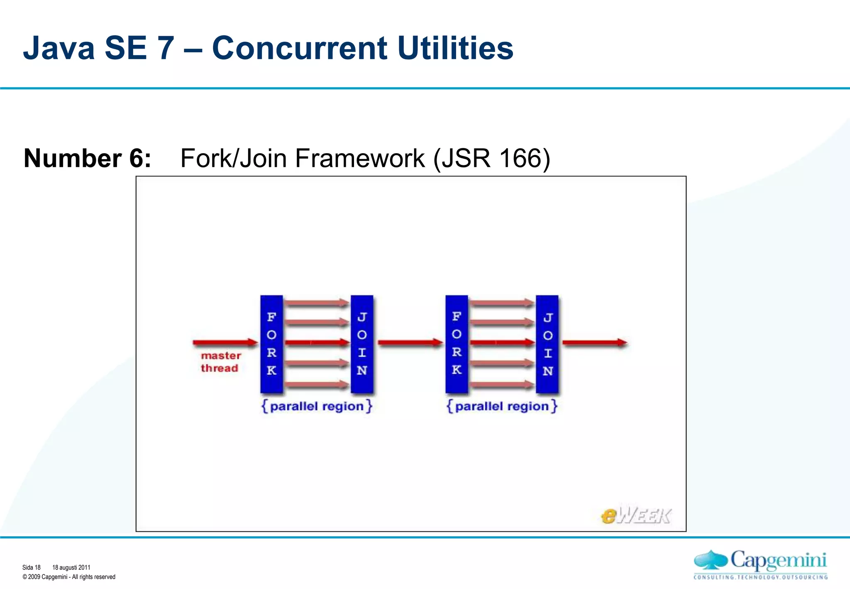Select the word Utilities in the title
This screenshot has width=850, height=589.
click(455, 48)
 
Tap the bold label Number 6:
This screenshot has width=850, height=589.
click(87, 158)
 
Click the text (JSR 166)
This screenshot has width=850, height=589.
click(491, 158)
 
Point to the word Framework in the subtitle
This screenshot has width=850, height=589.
click(360, 158)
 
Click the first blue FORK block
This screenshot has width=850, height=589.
click(271, 344)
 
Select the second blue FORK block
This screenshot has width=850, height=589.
click(457, 344)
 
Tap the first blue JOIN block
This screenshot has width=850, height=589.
click(362, 344)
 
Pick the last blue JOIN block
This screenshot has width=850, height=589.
click(547, 344)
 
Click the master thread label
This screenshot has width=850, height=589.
click(220, 362)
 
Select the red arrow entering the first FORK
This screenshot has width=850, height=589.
click(225, 342)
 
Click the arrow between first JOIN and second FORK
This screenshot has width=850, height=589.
click(410, 343)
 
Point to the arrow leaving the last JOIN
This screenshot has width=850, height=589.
click(594, 343)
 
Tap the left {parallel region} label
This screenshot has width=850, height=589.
click(317, 406)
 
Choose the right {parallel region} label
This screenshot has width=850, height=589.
click(502, 406)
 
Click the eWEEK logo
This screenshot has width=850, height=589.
click(635, 516)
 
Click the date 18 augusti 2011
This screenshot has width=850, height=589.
click(71, 567)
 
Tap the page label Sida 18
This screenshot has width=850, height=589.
click(32, 567)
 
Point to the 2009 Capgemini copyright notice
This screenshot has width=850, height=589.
click(69, 577)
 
